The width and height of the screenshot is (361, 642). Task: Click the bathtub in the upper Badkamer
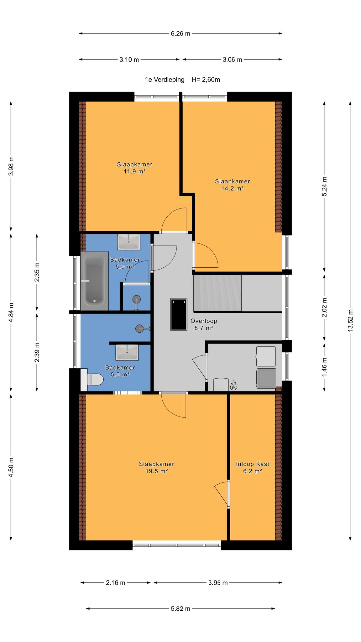coord(94,281)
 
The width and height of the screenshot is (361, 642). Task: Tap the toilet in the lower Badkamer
coord(92,380)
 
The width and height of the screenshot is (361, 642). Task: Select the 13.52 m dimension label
coord(350,320)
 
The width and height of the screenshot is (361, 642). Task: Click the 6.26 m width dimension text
coord(180,34)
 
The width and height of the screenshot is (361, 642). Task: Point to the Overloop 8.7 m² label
coord(204,324)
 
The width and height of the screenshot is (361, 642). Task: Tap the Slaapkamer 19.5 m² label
coord(157,467)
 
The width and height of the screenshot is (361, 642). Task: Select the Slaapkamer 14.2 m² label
coord(233,185)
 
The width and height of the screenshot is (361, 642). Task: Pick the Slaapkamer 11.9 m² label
coord(135,168)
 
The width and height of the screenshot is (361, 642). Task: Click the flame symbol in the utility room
coord(233,385)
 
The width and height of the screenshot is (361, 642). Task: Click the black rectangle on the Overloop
coord(179,314)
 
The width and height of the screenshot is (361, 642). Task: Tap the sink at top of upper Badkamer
coord(129,242)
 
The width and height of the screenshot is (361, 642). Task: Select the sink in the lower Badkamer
coord(127,352)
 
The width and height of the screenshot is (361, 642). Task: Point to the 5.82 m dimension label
coord(180,609)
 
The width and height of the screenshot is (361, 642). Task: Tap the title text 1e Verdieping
coord(165,80)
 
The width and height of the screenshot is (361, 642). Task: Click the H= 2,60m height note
coord(206,80)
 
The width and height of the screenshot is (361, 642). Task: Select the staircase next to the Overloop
coord(217,293)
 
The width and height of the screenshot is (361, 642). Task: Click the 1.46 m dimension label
coord(324,367)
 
